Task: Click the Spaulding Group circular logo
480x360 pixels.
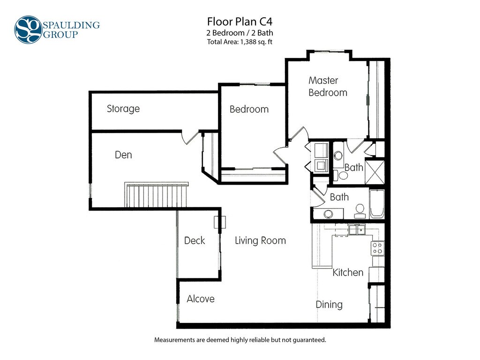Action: tap(28, 30)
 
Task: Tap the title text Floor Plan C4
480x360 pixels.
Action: tap(240, 22)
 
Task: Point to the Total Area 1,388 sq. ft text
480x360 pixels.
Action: tap(240, 42)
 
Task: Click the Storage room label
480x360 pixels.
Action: tap(123, 109)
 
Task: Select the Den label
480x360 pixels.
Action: tap(123, 155)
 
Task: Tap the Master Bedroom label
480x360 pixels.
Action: tap(328, 86)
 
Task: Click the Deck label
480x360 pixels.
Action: tap(195, 240)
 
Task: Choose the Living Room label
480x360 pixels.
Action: tap(260, 240)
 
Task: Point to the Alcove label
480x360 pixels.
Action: tap(201, 299)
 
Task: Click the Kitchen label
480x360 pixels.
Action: tap(348, 272)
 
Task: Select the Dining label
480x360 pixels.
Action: tap(329, 305)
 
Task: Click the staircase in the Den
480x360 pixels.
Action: tap(156, 195)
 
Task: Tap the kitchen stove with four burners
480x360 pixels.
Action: tap(377, 248)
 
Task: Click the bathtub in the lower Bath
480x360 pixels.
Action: tap(377, 204)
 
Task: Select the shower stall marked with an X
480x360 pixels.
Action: tap(375, 172)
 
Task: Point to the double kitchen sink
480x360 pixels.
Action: tap(357, 230)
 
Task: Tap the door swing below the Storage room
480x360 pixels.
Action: tap(190, 137)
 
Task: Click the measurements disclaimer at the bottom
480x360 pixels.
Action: tap(240, 340)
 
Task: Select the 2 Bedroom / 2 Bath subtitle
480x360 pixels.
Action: tap(240, 33)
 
